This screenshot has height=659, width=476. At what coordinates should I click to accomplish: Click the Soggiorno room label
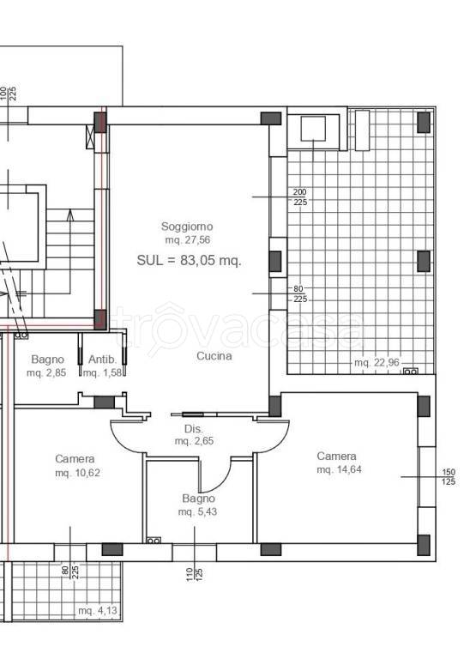pos(187,227)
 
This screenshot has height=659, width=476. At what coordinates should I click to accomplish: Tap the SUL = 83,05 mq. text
pos(189,261)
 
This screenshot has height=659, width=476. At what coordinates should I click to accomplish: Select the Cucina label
pos(214,356)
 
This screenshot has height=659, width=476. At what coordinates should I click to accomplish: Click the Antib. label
pos(103,360)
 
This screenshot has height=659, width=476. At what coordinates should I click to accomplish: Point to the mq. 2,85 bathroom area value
pos(46,372)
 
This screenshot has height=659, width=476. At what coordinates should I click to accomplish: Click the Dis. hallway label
pos(194,429)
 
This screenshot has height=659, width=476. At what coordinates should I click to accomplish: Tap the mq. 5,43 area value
pos(197,512)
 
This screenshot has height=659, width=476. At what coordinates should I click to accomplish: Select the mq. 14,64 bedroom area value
pos(339,469)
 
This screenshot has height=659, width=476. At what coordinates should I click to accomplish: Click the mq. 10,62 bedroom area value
pos(78,473)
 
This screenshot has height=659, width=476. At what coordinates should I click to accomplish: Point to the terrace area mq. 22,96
pos(377,362)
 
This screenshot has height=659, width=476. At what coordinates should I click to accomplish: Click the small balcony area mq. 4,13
pos(98,610)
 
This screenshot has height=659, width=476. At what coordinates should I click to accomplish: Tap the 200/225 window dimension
pos(300,197)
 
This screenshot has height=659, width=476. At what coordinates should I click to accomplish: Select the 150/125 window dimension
pos(449,477)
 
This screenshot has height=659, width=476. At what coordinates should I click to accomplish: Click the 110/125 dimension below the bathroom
pos(195,575)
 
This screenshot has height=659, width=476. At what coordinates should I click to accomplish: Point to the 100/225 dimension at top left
pos(8,94)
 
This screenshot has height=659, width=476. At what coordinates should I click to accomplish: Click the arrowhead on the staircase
pos(70,215)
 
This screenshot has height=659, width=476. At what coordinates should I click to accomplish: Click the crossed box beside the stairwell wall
pos(90,136)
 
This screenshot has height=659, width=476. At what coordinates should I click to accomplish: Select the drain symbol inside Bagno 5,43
pos(154,540)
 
